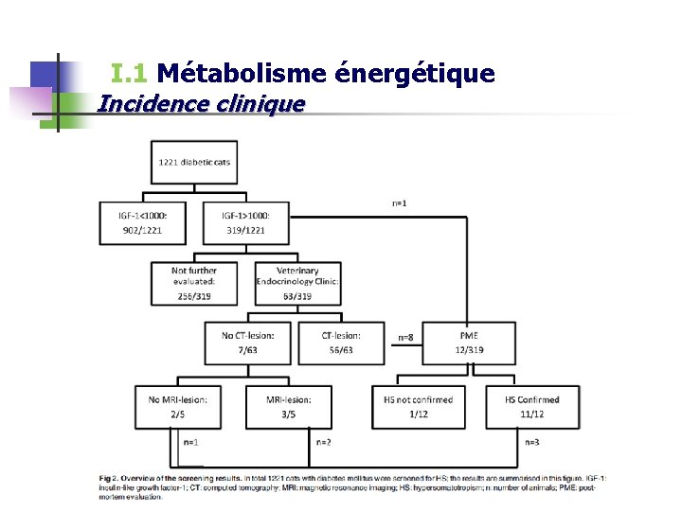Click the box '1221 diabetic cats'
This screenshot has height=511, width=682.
click(194, 162)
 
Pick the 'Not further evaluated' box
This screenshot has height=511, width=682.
click(194, 283)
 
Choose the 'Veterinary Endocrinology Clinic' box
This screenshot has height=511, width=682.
click(297, 283)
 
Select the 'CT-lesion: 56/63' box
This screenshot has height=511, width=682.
click(341, 343)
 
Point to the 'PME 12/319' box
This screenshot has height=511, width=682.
click(469, 343)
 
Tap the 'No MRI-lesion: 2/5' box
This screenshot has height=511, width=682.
click(178, 406)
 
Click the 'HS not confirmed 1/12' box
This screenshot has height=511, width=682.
click(418, 406)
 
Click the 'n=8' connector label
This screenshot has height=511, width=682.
click(405, 337)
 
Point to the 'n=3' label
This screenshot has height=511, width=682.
click(533, 442)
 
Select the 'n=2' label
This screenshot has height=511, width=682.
click(323, 442)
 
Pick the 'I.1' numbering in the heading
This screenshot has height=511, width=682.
click(129, 73)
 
